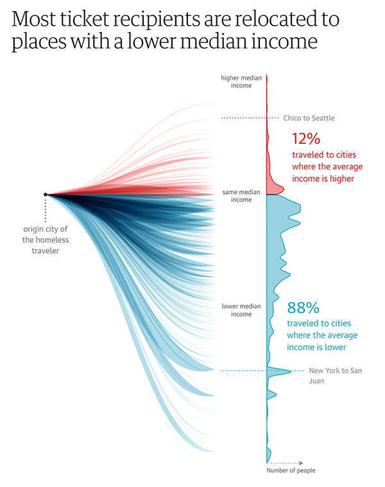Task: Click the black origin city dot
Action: click(45, 194)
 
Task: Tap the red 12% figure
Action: click(305, 139)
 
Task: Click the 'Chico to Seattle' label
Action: click(309, 118)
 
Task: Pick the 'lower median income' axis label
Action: click(241, 310)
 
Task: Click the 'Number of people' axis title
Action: click(291, 471)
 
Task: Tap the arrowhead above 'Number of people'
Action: click(301, 462)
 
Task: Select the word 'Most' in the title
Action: click(31, 19)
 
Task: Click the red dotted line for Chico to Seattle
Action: click(244, 118)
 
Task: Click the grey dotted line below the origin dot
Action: click(45, 209)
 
